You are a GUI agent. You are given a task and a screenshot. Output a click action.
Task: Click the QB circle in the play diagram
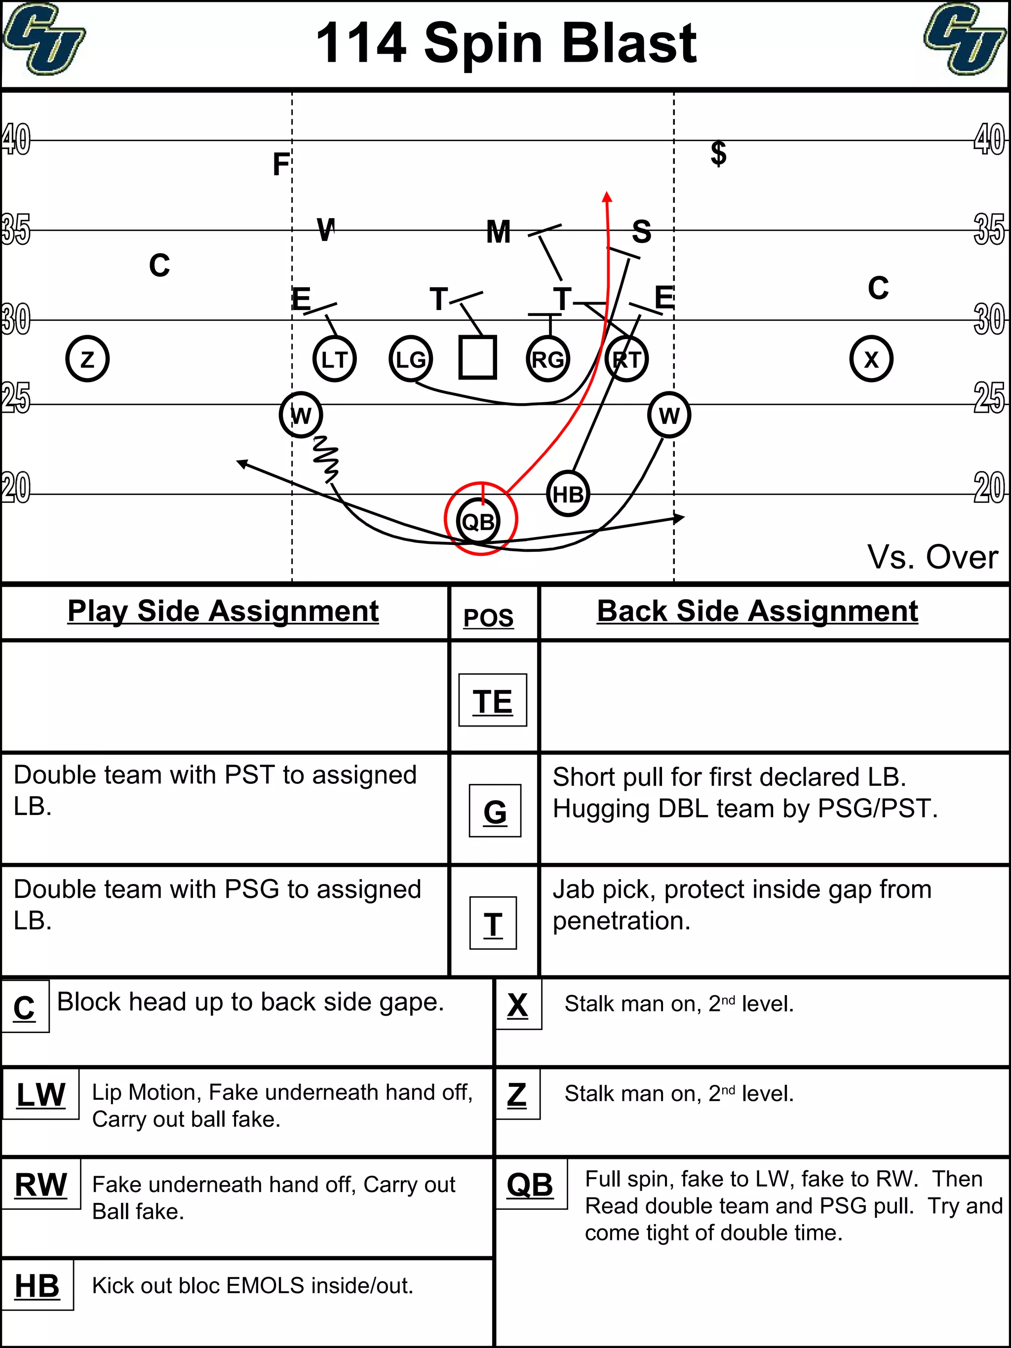coord(478,521)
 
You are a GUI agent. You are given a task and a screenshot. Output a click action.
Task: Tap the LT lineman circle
coord(334,359)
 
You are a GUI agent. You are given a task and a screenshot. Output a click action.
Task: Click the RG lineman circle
coord(548,359)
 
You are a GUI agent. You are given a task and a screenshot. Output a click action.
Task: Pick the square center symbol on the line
coord(477,358)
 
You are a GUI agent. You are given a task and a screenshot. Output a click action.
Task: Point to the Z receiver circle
coord(87,359)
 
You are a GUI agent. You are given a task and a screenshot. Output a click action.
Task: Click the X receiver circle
coord(871,359)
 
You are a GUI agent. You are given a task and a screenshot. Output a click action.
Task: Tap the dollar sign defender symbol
coord(718,153)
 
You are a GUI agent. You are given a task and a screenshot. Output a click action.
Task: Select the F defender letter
coord(280,164)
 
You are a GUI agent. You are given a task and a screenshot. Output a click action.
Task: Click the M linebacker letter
coord(498,232)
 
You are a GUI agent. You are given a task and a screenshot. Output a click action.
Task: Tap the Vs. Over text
coord(932,557)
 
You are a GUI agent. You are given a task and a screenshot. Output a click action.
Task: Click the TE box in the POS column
coord(492,700)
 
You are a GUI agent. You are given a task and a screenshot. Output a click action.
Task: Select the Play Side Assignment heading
coord(223,611)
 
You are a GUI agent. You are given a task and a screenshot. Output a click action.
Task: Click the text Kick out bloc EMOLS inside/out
coord(252,1286)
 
